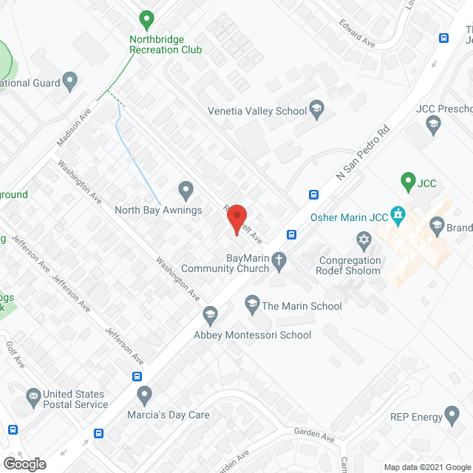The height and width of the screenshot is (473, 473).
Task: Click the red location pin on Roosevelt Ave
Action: click(x=236, y=219)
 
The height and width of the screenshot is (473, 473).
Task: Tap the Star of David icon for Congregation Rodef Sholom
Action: click(x=363, y=240)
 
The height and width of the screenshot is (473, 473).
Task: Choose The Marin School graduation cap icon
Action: click(x=252, y=304)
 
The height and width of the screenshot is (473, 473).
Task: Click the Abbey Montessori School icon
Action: click(x=211, y=316)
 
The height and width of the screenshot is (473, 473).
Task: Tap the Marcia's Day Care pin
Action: click(x=145, y=395)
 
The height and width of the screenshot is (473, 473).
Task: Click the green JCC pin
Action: click(x=406, y=180)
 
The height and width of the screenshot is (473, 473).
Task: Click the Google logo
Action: click(x=24, y=463)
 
